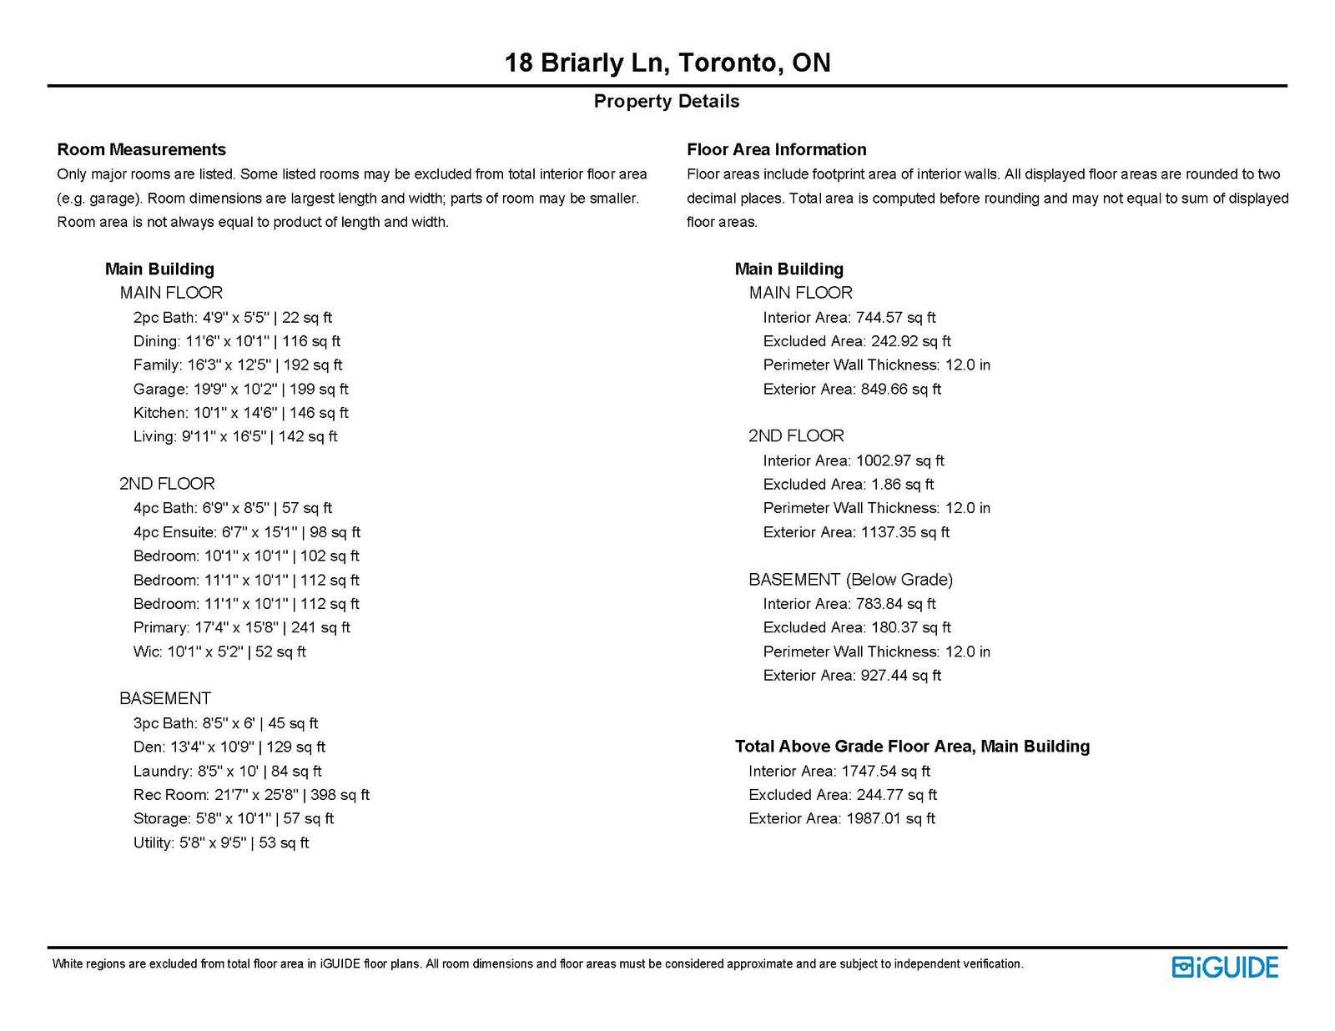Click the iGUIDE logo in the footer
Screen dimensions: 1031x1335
click(x=1225, y=967)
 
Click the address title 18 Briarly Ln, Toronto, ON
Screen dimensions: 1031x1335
click(x=667, y=63)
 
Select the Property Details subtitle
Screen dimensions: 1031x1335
click(x=667, y=101)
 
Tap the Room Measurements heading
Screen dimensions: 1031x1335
click(x=141, y=149)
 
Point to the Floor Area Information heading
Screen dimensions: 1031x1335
click(x=776, y=149)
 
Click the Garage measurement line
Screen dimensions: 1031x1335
click(x=240, y=389)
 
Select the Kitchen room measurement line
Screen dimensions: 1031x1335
click(x=240, y=413)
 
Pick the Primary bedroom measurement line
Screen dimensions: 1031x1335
click(x=241, y=627)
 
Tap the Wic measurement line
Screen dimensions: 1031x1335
click(x=219, y=651)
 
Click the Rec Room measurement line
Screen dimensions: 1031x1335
click(x=251, y=795)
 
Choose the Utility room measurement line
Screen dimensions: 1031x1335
click(x=221, y=842)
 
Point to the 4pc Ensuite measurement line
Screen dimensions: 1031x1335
click(x=246, y=532)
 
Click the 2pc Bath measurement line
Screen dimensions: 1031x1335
click(x=232, y=317)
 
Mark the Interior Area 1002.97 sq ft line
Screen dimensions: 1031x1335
click(x=853, y=460)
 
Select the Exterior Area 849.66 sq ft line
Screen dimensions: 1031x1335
click(x=851, y=389)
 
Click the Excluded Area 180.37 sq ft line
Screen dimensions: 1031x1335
click(x=856, y=627)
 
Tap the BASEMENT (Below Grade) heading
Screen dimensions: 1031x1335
click(x=850, y=579)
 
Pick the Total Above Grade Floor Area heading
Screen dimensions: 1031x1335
click(x=912, y=747)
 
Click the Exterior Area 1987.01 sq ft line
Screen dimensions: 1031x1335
click(x=841, y=818)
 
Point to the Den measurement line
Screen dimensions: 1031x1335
click(x=229, y=747)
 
